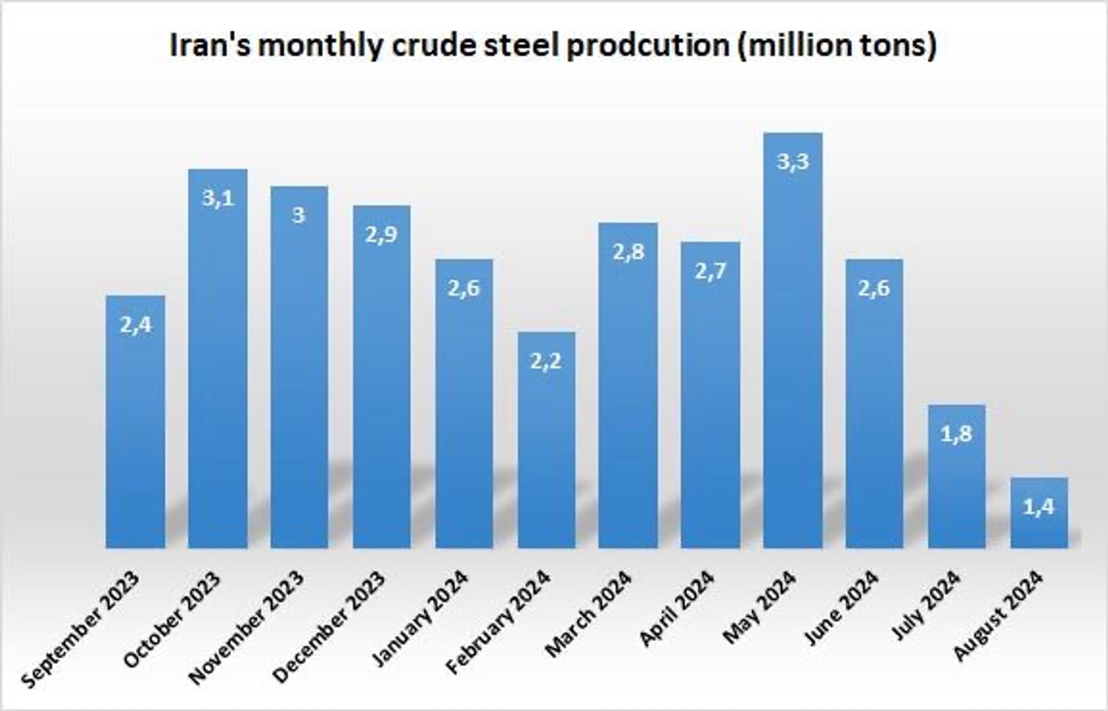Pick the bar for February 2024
click(546, 450)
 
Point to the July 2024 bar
click(956, 485)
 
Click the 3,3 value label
click(793, 162)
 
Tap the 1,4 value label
click(1039, 507)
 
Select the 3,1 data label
click(217, 198)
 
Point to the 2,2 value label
click(546, 361)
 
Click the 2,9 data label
click(382, 235)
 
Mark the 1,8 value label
click(956, 434)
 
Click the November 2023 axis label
click(247, 627)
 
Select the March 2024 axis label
click(589, 613)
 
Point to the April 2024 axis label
click(677, 608)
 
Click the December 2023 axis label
click(330, 627)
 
